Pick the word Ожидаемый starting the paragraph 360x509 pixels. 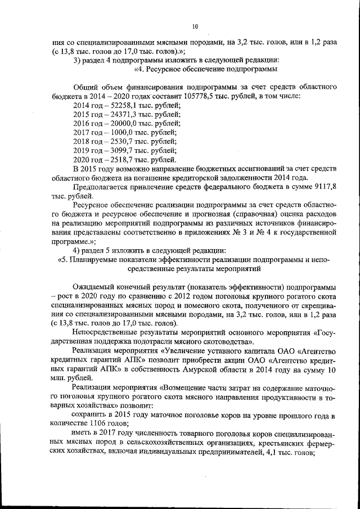94,287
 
